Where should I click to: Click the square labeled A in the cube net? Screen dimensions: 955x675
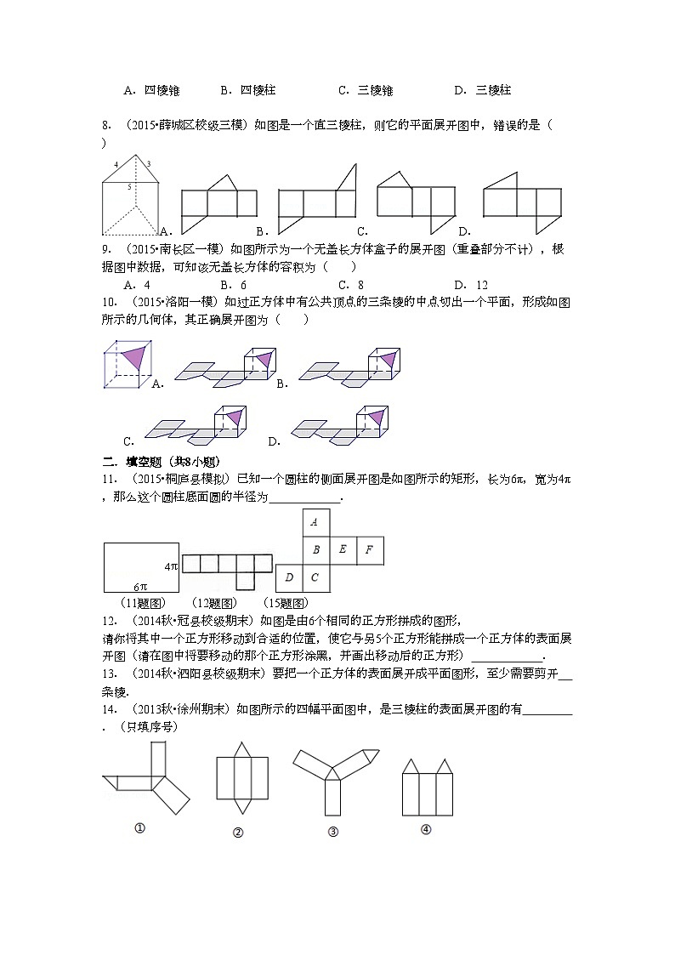click(315, 522)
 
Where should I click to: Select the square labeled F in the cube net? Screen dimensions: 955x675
click(369, 550)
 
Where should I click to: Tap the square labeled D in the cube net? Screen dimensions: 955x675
click(289, 578)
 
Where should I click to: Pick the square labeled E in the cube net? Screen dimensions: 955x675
click(343, 550)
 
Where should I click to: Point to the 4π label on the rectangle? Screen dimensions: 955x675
click(171, 566)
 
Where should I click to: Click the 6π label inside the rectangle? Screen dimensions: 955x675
click(141, 586)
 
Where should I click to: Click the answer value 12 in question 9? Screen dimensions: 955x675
click(482, 285)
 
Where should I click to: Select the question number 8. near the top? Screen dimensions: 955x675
click(107, 126)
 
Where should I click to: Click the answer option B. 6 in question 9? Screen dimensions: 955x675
click(233, 285)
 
